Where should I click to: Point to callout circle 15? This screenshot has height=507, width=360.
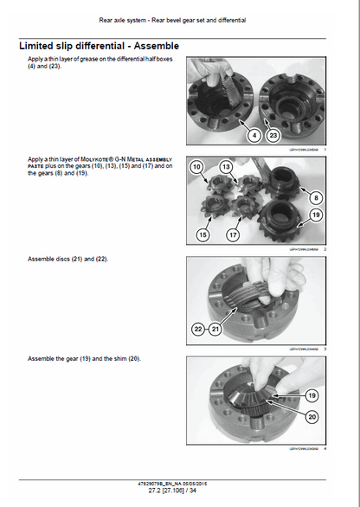tap(202, 234)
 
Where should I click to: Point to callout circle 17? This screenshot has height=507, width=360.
tap(234, 234)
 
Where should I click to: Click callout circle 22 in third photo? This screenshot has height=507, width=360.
tap(199, 330)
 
